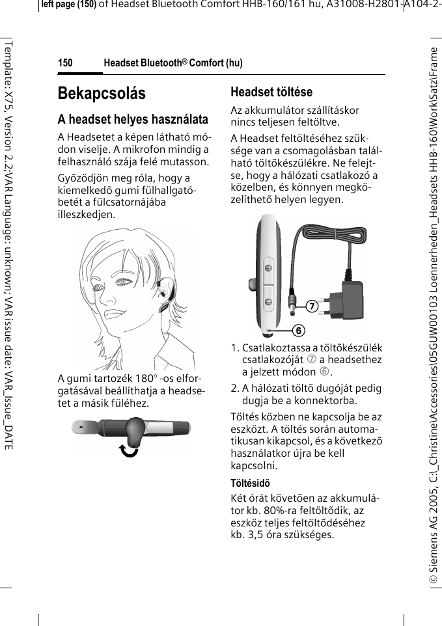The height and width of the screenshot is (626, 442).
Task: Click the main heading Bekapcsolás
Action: click(x=102, y=93)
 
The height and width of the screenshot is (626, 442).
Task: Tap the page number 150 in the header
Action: click(x=65, y=63)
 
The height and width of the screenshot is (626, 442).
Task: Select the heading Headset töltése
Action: click(x=271, y=92)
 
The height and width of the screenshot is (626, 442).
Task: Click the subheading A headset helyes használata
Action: click(x=133, y=120)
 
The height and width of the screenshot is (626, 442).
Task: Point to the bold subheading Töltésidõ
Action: click(x=251, y=483)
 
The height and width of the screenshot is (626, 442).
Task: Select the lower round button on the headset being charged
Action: click(x=268, y=301)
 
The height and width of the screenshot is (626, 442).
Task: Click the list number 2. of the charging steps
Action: click(x=236, y=388)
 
